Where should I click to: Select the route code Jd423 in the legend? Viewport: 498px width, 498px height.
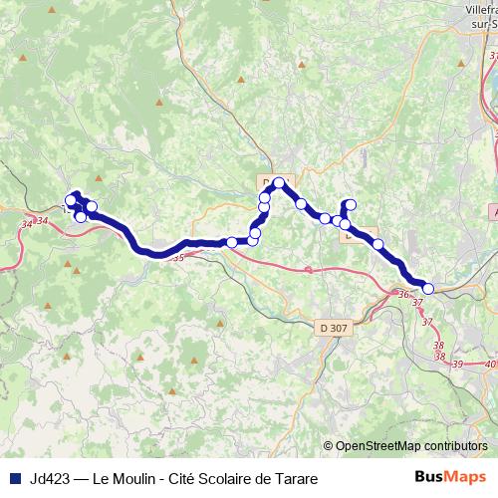[51, 479]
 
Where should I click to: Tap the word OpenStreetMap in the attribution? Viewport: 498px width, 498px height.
[379, 445]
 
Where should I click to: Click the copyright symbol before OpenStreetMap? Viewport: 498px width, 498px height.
[329, 445]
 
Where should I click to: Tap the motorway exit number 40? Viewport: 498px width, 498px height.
[486, 365]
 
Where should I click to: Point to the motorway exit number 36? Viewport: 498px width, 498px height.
[403, 295]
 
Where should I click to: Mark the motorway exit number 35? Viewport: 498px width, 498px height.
[178, 258]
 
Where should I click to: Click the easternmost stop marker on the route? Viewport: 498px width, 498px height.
[428, 289]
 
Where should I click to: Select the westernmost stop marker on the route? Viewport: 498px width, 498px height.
[70, 200]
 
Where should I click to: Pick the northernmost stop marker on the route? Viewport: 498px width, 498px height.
[280, 182]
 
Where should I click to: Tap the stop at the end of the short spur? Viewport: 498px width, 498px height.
[350, 204]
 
